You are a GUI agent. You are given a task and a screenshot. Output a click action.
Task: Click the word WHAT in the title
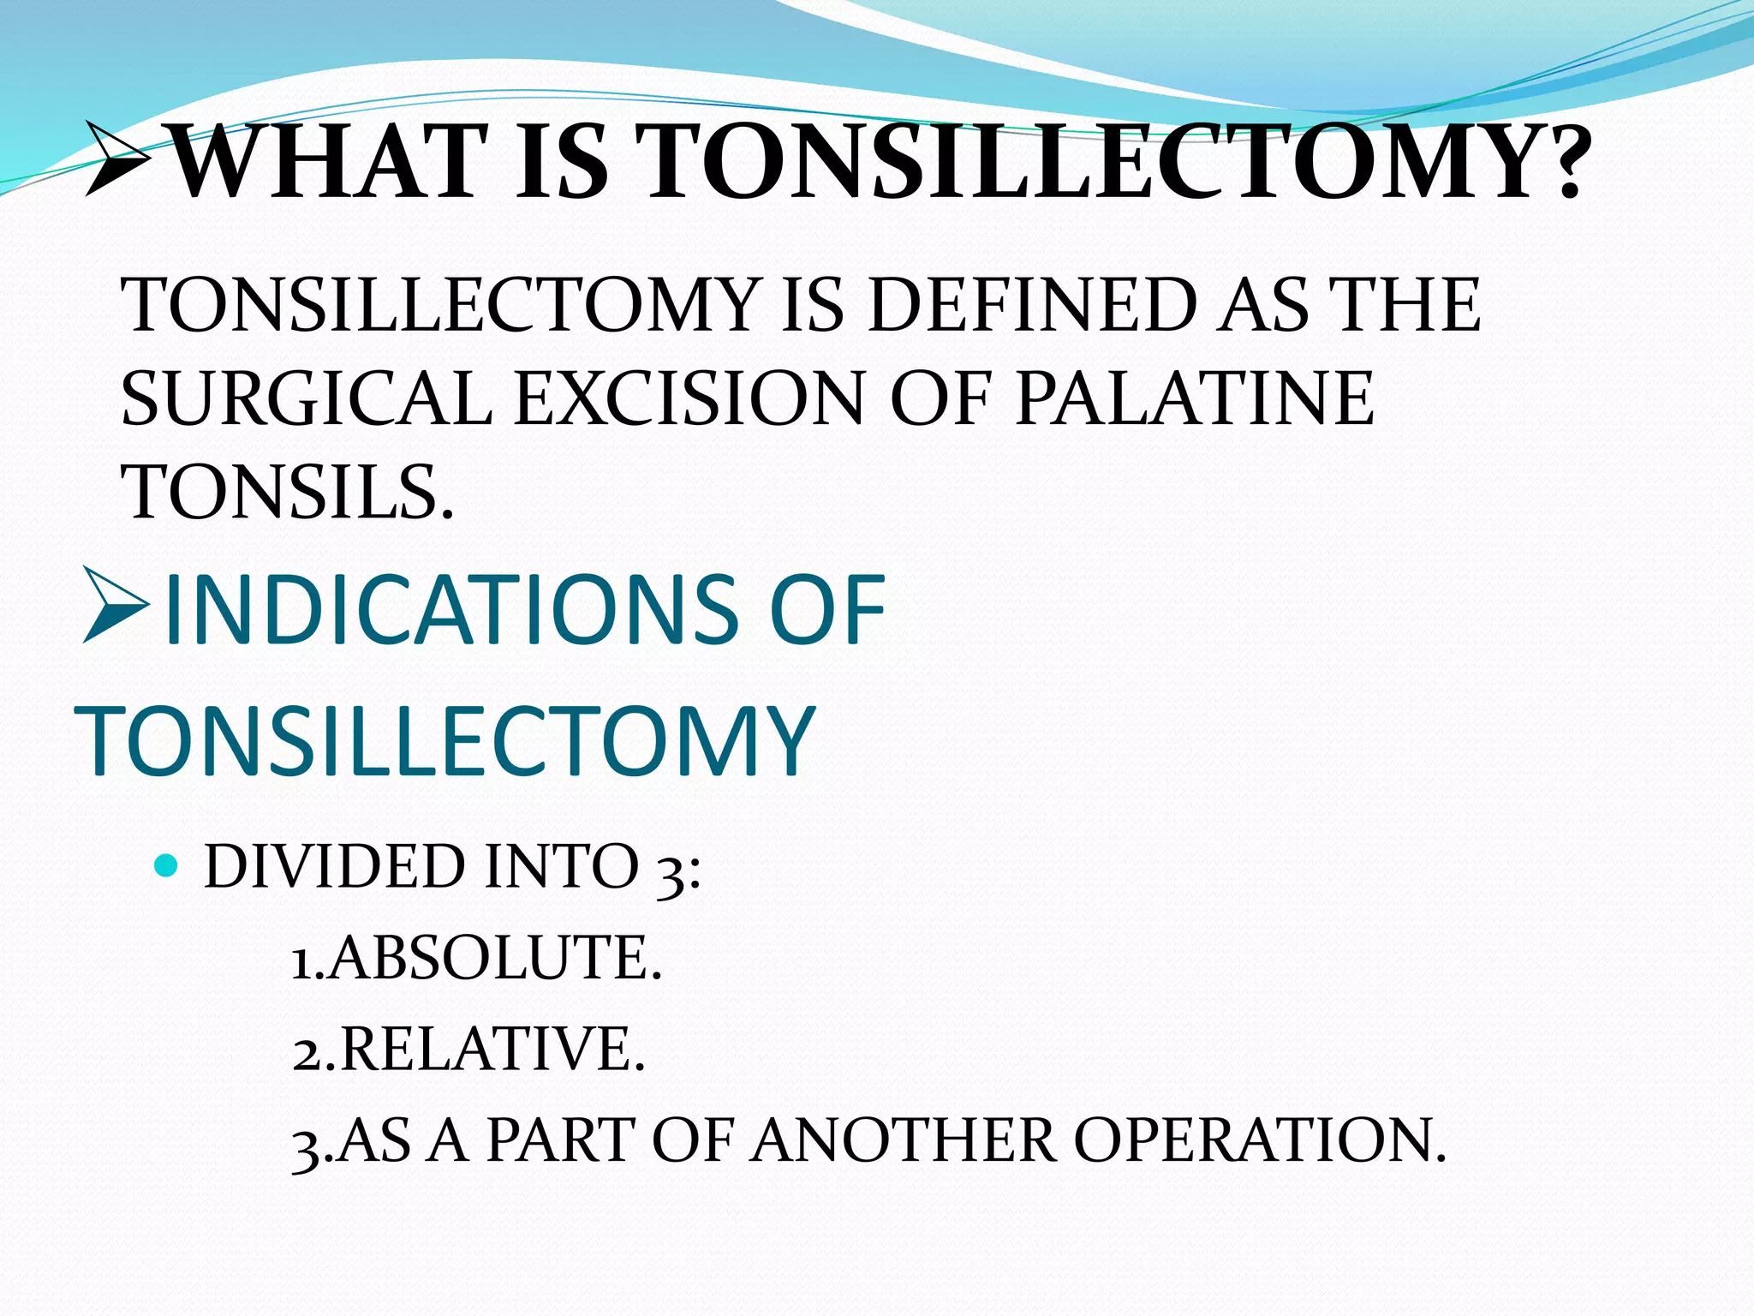click(331, 163)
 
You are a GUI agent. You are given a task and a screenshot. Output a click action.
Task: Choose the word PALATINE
click(1194, 399)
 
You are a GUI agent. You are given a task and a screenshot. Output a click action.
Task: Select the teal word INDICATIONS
click(450, 610)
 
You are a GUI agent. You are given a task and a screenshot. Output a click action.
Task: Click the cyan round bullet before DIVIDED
click(166, 865)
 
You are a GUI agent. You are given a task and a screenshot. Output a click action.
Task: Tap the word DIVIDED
click(334, 867)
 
